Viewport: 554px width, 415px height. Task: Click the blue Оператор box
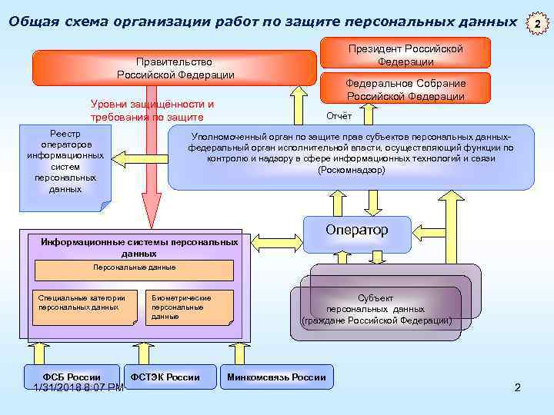(357, 231)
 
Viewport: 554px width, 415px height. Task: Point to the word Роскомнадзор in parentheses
(351, 170)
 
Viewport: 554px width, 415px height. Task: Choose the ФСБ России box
(72, 376)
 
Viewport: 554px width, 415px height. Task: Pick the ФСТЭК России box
(165, 376)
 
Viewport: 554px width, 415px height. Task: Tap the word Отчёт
(339, 116)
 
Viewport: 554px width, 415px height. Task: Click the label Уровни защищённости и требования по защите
(152, 111)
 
